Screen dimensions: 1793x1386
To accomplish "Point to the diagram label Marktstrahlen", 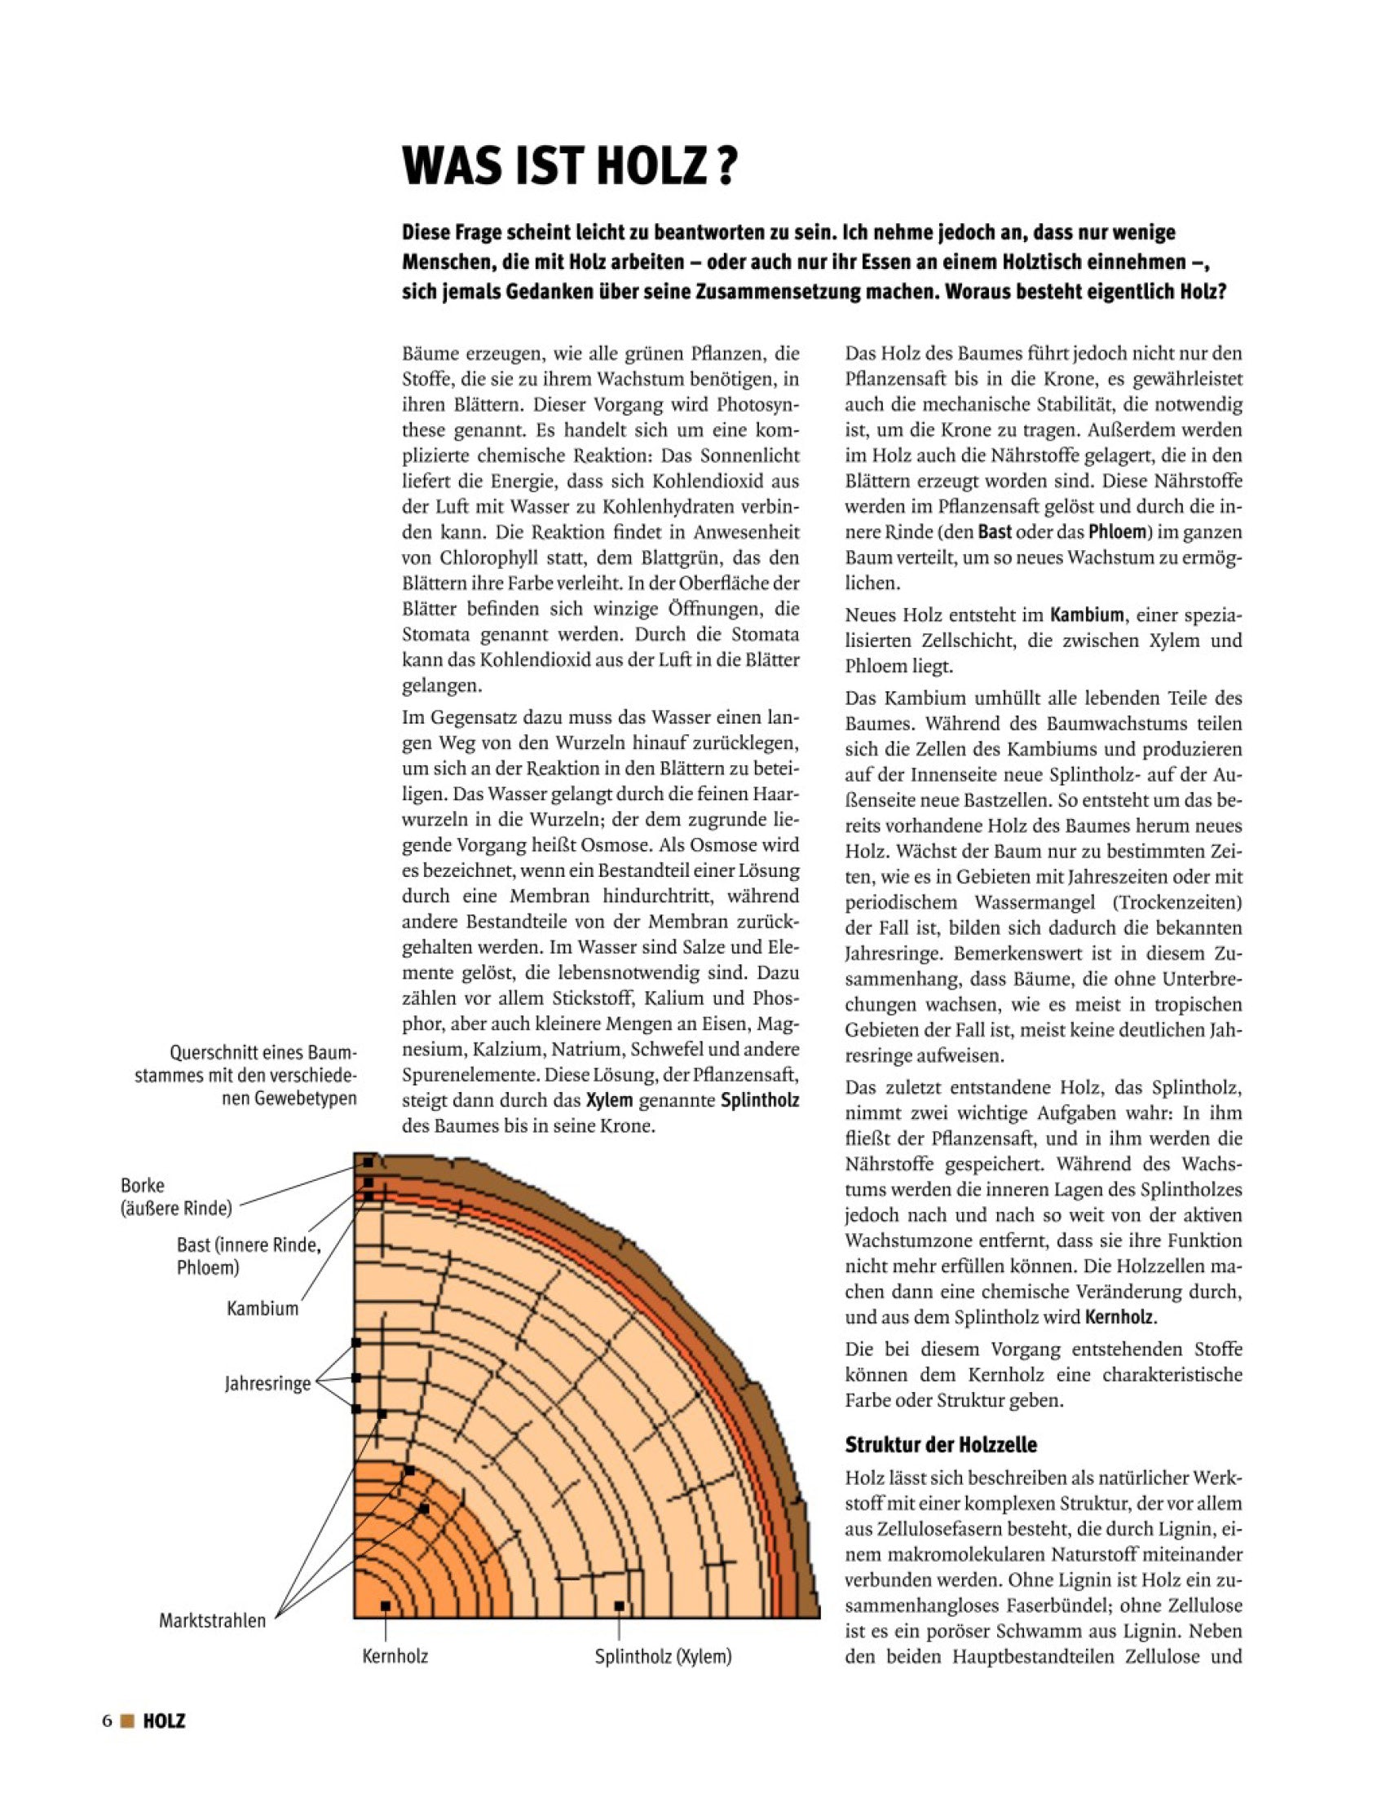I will pos(213,1620).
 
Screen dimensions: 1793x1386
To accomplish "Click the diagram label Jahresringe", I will pos(267,1383).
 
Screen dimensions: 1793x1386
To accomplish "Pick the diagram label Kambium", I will pos(263,1309).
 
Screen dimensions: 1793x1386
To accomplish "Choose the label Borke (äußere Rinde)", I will pos(176,1196).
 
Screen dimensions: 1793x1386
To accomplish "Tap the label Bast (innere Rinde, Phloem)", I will pos(248,1256).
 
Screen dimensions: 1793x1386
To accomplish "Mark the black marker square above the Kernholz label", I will pos(385,1605).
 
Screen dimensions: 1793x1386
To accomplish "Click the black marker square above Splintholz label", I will pos(619,1606).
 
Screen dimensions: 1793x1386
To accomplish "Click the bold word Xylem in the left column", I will pos(609,1099).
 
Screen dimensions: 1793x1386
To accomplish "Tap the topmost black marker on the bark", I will pos(369,1162).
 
